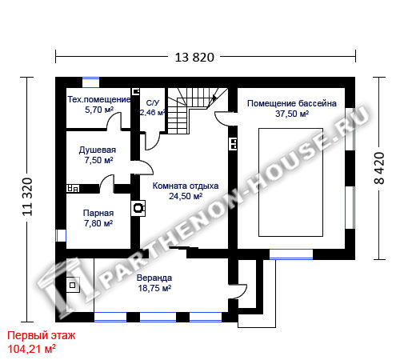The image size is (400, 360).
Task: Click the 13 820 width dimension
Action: pyautogui.click(x=194, y=58)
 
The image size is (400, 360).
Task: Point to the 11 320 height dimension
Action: pyautogui.click(x=27, y=197)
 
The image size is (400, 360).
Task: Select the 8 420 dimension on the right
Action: pyautogui.click(x=379, y=168)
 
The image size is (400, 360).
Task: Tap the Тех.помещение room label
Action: pyautogui.click(x=99, y=99)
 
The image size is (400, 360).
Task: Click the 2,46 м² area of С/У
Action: pyautogui.click(x=152, y=113)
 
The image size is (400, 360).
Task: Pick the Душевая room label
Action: pyautogui.click(x=98, y=150)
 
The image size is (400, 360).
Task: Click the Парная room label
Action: pyautogui.click(x=98, y=213)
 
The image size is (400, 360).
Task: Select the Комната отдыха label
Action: pyautogui.click(x=186, y=186)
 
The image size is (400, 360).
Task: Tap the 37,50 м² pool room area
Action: pyautogui.click(x=292, y=114)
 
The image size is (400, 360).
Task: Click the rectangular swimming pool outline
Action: pyautogui.click(x=291, y=128)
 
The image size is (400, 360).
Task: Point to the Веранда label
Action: pyautogui.click(x=154, y=278)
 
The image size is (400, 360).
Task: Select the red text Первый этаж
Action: pyautogui.click(x=41, y=335)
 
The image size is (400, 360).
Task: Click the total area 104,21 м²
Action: pyautogui.click(x=32, y=349)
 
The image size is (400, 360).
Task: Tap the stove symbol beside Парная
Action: pyautogui.click(x=138, y=208)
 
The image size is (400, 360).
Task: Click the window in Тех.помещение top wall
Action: pyautogui.click(x=90, y=82)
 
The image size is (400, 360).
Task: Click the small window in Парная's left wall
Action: pyautogui.click(x=61, y=235)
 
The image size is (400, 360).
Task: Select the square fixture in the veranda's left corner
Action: pyautogui.click(x=73, y=285)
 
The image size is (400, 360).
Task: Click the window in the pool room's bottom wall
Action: pyautogui.click(x=291, y=254)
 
